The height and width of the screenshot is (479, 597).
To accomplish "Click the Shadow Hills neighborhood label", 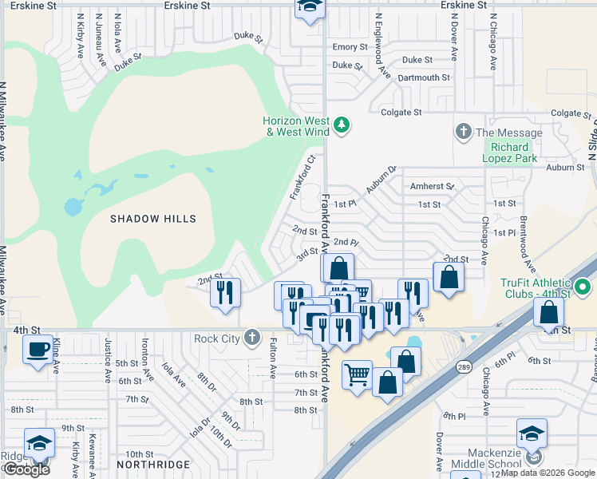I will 153,218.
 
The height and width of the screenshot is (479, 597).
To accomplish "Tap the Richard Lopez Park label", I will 509,152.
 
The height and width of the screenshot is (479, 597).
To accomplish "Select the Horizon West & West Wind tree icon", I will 342,124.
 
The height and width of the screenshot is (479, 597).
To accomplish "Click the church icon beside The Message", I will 462,131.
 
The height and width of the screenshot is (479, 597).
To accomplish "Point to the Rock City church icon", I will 252,338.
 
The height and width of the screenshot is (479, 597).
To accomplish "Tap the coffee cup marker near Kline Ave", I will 38,350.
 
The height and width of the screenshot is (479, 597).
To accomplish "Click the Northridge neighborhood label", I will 153,464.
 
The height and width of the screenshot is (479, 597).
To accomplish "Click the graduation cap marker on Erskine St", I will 308,8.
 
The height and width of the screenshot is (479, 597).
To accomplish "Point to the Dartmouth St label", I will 424,77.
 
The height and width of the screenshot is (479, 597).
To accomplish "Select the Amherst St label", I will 431,186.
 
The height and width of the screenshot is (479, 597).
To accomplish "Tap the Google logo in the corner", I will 27,469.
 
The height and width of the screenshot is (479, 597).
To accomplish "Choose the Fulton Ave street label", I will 273,357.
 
